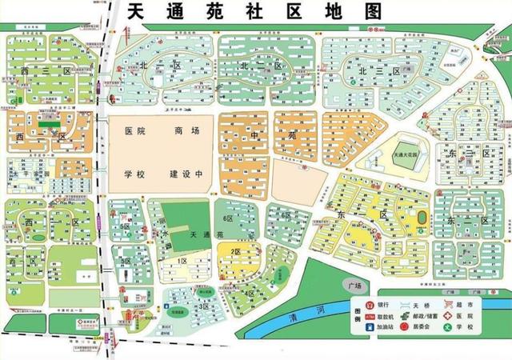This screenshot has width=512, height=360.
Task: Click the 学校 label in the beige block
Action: [x=133, y=174]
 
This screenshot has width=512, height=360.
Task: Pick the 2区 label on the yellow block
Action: [x=236, y=252]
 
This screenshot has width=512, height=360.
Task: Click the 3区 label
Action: [x=205, y=306]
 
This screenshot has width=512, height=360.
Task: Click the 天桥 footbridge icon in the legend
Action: [x=404, y=305]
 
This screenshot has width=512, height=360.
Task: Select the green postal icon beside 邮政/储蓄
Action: [x=405, y=317]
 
